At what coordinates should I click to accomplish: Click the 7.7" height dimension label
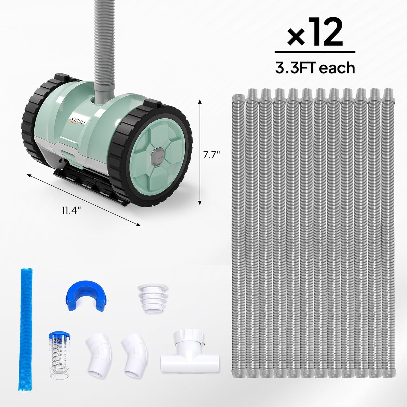pyautogui.click(x=211, y=155)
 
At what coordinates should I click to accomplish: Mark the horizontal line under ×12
pyautogui.click(x=315, y=52)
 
